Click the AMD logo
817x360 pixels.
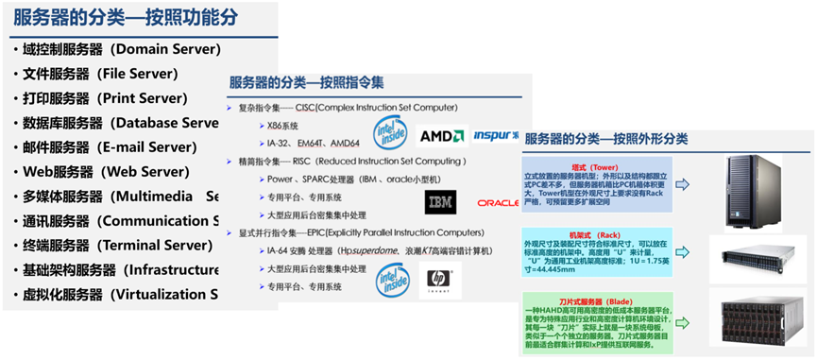point(442,136)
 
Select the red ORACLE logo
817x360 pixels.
point(498,202)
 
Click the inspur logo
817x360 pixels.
point(494,135)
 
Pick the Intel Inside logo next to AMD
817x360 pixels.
point(391,131)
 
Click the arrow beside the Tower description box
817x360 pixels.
point(682,184)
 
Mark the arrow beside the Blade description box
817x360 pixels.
point(682,321)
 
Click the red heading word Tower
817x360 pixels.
point(604,168)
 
